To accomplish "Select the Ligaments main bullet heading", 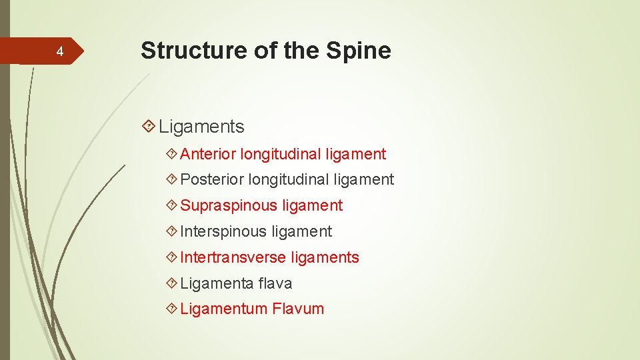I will (201, 126).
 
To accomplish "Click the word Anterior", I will (208, 154).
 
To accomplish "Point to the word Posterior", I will (212, 179).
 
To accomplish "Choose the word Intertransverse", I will (233, 257).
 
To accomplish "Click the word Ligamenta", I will (216, 283).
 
